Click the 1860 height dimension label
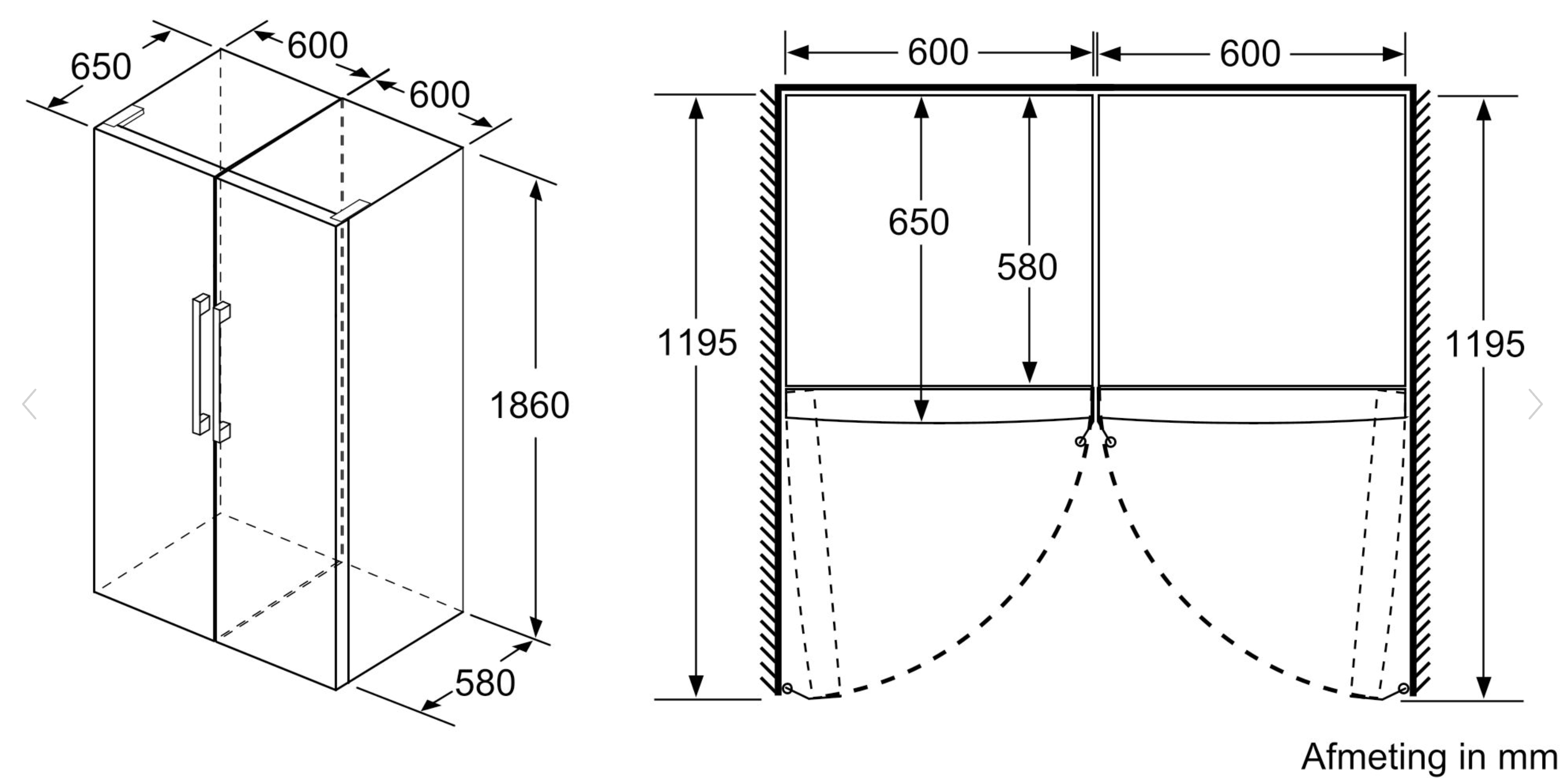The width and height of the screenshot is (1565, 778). (529, 405)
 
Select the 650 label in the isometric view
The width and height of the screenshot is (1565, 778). (101, 66)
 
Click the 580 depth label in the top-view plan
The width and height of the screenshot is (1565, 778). (1027, 267)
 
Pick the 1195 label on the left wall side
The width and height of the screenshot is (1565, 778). (697, 342)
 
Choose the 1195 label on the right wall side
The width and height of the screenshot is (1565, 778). (1484, 344)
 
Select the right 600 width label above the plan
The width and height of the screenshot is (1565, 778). (1250, 53)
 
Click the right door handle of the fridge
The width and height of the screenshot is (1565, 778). (222, 371)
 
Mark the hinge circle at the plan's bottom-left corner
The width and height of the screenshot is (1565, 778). (787, 689)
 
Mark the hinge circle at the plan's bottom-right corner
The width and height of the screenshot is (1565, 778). (1403, 689)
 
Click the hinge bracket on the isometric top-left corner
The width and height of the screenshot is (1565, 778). (123, 117)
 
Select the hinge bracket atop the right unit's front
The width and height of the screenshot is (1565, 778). (350, 210)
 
